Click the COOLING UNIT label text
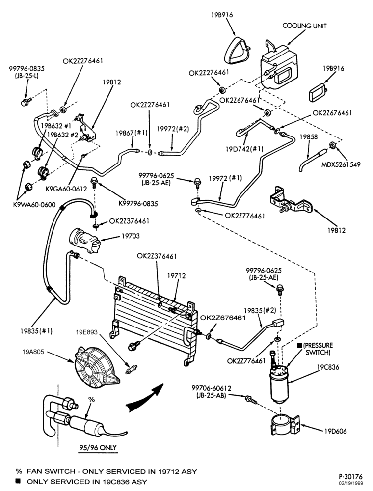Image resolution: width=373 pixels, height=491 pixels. (304, 26)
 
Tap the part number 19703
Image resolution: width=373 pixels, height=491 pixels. (131, 236)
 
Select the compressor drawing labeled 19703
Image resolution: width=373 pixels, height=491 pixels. (84, 240)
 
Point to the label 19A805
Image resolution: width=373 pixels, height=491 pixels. (33, 352)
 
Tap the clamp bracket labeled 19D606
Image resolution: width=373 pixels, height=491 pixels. (285, 424)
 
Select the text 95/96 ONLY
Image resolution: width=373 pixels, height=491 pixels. (97, 447)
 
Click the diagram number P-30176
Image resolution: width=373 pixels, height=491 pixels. (350, 477)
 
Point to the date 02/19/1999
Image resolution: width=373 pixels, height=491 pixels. (352, 483)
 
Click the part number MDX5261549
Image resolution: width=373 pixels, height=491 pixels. (341, 164)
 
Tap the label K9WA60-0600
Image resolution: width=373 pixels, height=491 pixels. (34, 205)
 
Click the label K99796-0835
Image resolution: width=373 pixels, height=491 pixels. (138, 204)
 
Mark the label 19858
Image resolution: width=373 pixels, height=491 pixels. (309, 137)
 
